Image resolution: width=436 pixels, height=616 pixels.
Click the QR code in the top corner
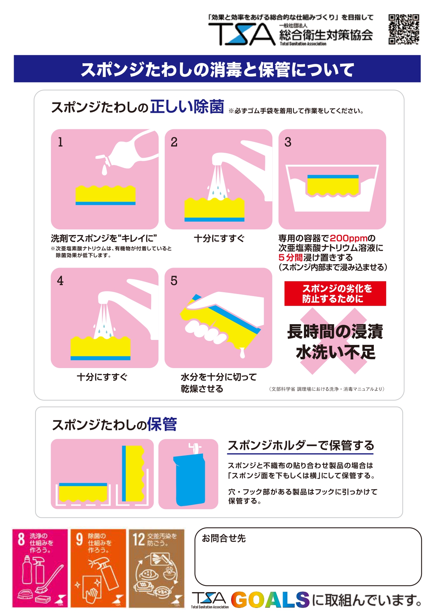[x=404, y=30]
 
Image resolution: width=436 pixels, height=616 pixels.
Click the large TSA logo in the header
[x=242, y=34]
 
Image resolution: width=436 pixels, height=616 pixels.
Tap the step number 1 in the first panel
[x=60, y=142]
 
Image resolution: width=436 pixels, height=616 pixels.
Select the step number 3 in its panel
[x=288, y=142]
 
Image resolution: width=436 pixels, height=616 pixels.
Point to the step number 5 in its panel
[x=174, y=281]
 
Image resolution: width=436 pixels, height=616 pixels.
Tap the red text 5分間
[x=291, y=257]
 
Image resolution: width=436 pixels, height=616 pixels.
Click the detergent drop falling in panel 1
[x=104, y=170]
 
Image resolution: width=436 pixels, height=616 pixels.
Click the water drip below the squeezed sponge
[x=242, y=353]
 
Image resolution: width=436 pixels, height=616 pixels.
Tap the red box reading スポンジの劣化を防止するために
[x=335, y=294]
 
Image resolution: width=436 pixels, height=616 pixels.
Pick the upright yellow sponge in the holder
[x=133, y=473]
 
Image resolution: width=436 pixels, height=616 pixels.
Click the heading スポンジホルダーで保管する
[x=301, y=445]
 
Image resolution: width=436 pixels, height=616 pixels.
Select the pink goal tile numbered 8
[x=40, y=568]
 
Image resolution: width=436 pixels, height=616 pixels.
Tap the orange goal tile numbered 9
[x=98, y=568]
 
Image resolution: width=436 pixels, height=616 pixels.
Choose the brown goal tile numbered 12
[x=157, y=568]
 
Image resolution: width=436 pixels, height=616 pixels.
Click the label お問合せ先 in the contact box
[x=224, y=538]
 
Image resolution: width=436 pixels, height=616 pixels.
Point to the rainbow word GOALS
[x=270, y=600]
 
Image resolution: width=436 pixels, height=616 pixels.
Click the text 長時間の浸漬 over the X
[x=335, y=332]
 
